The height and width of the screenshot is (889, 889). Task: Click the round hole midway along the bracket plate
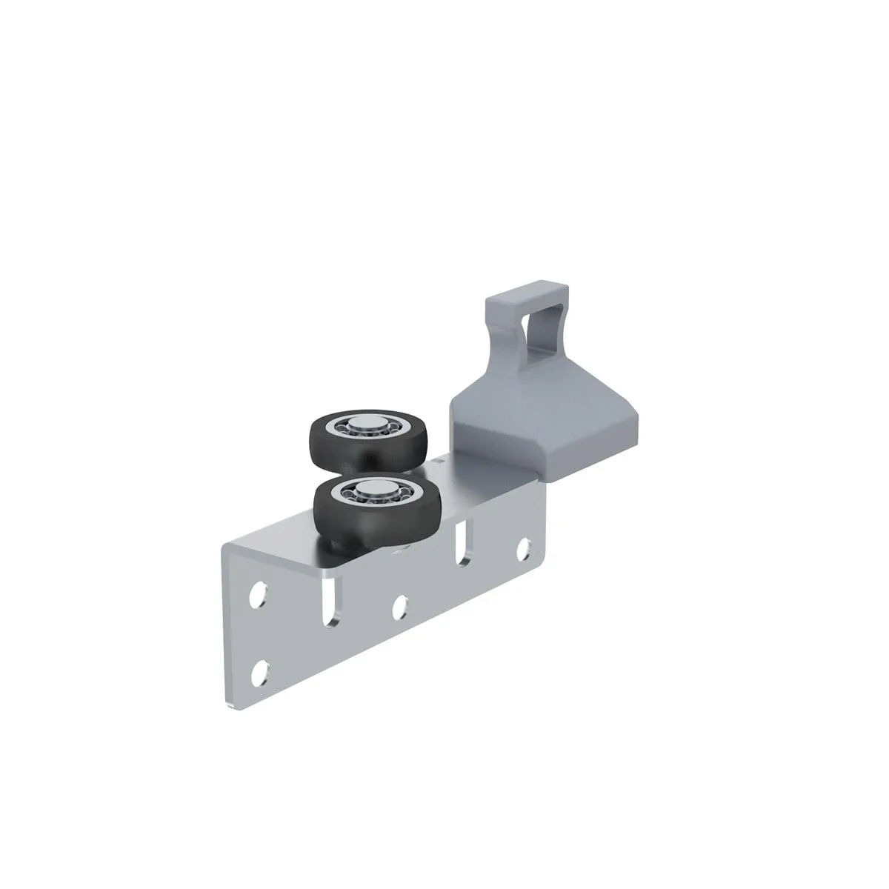click(400, 606)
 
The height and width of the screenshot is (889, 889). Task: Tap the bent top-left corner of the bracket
click(226, 548)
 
